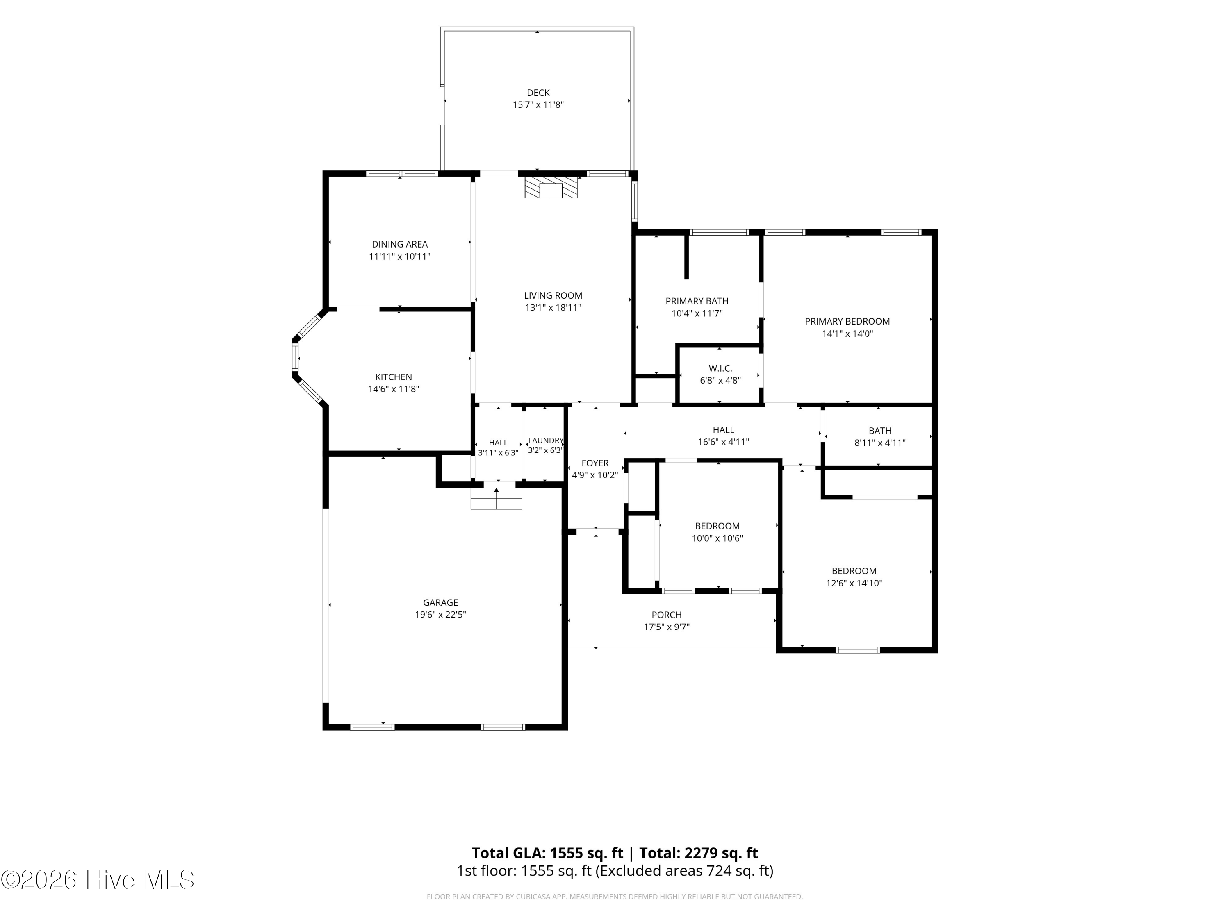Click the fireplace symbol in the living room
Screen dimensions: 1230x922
click(x=551, y=187)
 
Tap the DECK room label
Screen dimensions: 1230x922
click(x=538, y=93)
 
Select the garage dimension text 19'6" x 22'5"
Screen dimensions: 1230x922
click(x=440, y=615)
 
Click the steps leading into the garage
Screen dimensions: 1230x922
click(x=497, y=499)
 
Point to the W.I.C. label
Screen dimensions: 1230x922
click(x=720, y=368)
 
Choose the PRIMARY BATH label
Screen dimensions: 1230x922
click(x=697, y=301)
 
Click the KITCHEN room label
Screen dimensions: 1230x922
click(x=394, y=377)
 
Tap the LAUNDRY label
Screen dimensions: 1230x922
click(x=546, y=441)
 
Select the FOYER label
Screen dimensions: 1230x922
click(x=595, y=463)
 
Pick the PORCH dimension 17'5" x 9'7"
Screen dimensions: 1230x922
click(x=667, y=627)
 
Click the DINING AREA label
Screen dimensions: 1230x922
click(x=400, y=244)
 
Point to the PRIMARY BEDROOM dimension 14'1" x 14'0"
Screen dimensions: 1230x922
click(x=847, y=334)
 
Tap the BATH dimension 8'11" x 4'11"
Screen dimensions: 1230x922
click(x=880, y=443)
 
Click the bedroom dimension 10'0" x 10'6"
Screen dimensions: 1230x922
click(x=717, y=538)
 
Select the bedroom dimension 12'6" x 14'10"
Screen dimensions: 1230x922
click(x=854, y=583)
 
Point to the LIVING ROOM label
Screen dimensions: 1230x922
click(x=553, y=296)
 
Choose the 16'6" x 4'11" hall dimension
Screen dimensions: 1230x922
click(x=723, y=442)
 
